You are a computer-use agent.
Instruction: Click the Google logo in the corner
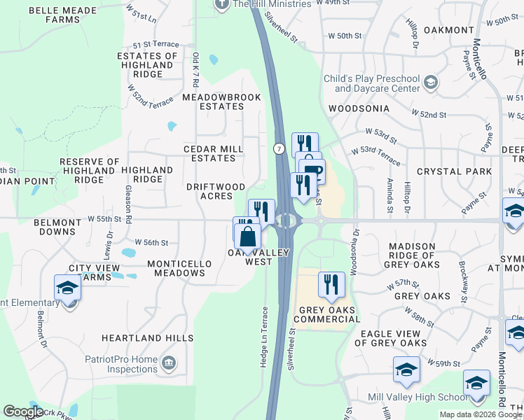tap(23, 412)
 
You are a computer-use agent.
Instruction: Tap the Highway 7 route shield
tap(279, 148)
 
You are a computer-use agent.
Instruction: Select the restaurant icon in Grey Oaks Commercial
tap(331, 285)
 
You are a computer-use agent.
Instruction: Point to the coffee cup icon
tap(312, 172)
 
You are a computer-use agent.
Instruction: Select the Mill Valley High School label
tap(418, 398)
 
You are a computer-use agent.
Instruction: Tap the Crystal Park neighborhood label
tap(449, 171)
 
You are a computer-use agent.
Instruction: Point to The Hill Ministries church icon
tap(222, 4)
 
